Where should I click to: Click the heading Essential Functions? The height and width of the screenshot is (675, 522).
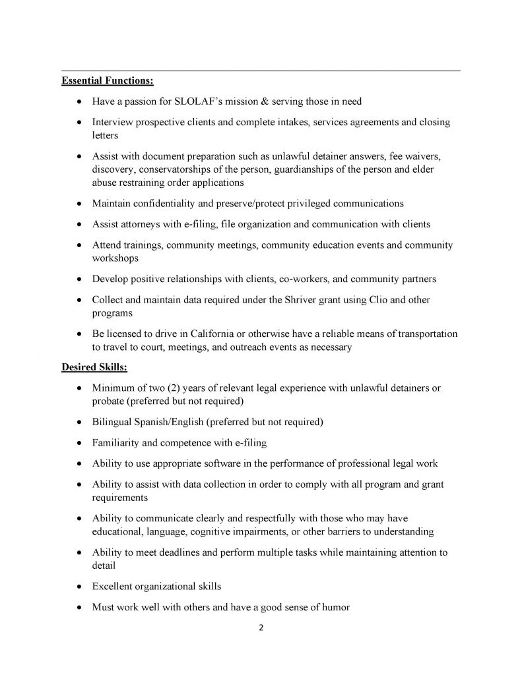[108, 80]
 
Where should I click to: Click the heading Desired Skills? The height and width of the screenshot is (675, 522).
[90, 367]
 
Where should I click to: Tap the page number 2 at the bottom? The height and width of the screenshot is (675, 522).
[261, 628]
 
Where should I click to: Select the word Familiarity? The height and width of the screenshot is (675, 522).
[117, 442]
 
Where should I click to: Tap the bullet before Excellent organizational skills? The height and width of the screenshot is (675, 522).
[79, 585]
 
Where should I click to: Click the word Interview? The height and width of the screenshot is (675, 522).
[113, 123]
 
